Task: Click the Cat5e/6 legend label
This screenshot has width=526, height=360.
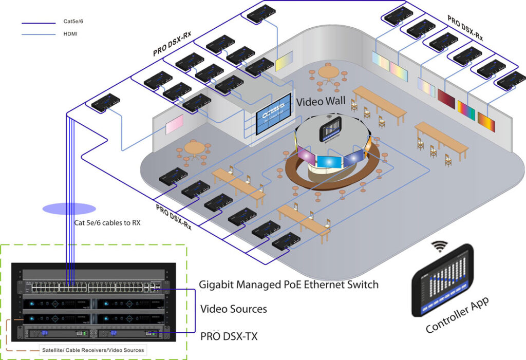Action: (x=73, y=23)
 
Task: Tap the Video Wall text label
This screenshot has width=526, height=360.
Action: (x=321, y=101)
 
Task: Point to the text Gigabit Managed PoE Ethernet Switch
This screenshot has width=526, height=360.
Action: (x=289, y=285)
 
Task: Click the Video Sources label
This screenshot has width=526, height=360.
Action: (x=233, y=309)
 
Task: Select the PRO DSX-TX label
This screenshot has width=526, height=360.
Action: (x=229, y=337)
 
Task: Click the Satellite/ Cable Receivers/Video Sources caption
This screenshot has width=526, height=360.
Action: (x=93, y=350)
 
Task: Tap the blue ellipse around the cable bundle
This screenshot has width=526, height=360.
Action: (x=69, y=209)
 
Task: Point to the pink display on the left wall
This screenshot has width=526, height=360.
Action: (x=174, y=124)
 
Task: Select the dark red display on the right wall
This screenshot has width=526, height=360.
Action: (x=446, y=98)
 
